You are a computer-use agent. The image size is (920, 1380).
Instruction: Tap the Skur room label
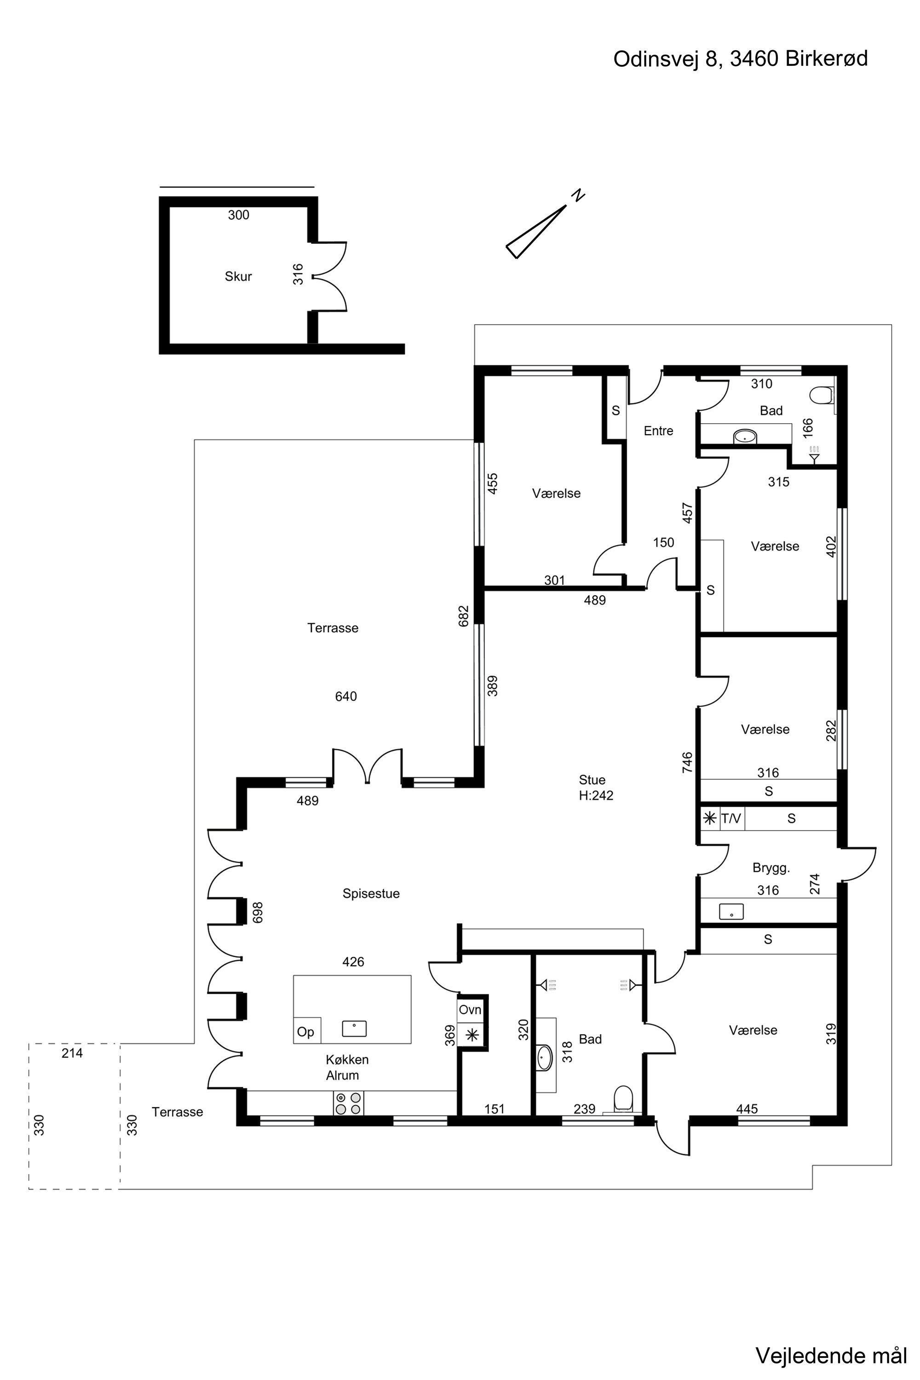point(238,276)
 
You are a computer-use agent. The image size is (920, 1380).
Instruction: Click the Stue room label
point(592,780)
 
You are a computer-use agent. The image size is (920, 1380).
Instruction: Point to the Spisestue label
point(371,894)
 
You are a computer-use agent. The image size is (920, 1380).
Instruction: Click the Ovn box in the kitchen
point(470,1010)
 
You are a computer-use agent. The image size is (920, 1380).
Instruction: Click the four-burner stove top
point(349,1103)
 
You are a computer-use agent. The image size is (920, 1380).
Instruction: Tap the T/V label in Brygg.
point(731,818)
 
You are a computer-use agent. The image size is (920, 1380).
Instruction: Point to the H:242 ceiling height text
point(596,796)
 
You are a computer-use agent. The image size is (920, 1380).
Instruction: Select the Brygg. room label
point(771,868)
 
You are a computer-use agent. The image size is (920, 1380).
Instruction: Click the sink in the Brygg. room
point(731,911)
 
